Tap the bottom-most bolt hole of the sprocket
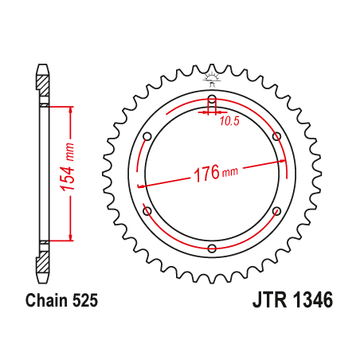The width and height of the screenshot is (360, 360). (212, 249)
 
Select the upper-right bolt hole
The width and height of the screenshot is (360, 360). (276, 137)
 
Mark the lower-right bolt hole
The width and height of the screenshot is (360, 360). (276, 212)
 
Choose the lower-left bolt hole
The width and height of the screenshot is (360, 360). (147, 212)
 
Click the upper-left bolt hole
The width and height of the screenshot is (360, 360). (147, 137)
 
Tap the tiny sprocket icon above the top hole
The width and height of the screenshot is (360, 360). (212, 79)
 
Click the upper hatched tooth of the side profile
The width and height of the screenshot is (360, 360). (41, 77)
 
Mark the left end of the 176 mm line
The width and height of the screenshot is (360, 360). (140, 186)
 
